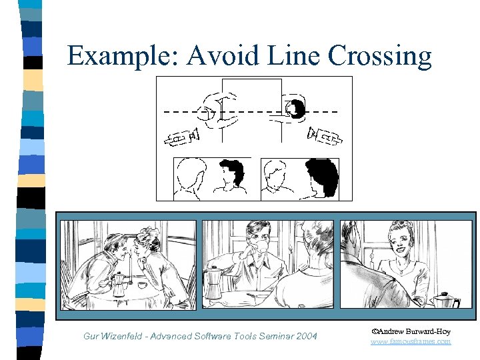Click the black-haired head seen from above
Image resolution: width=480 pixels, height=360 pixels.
coord(293,109)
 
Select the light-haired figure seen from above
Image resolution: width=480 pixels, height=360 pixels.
coord(219,111)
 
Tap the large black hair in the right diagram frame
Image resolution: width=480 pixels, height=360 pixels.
coord(323,177)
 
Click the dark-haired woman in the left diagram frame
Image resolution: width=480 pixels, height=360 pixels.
coord(231,177)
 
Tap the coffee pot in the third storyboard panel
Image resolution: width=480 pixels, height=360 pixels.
coord(445,299)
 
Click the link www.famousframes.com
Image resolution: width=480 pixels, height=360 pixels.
coord(411,341)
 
